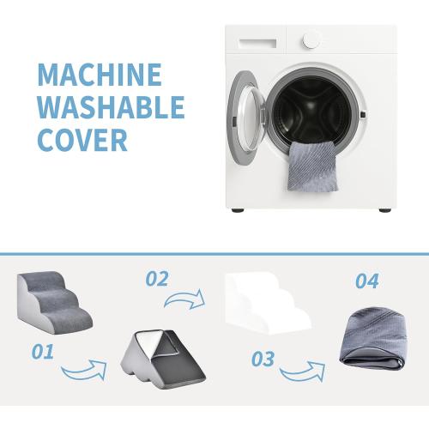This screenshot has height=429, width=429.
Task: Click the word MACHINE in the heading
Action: pyautogui.click(x=100, y=75)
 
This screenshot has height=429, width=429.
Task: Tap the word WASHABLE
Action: pyautogui.click(x=111, y=107)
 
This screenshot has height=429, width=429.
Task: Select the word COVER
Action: pyautogui.click(x=82, y=140)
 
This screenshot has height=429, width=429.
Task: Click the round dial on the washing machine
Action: pyautogui.click(x=311, y=40)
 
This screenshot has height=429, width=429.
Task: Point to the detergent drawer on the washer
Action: pyautogui.click(x=258, y=43)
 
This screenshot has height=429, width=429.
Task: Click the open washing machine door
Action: pyautogui.click(x=246, y=118)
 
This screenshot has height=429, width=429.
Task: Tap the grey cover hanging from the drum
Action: pyautogui.click(x=312, y=166)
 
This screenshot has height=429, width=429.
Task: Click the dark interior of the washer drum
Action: pyautogui.click(x=313, y=110)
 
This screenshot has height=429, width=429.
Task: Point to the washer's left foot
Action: pyautogui.click(x=238, y=210)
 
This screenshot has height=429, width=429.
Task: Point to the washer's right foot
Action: pyautogui.click(x=385, y=210)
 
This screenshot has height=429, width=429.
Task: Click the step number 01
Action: pyautogui.click(x=43, y=352)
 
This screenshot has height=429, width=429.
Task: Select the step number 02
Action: pyautogui.click(x=157, y=279)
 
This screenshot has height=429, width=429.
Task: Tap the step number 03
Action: pyautogui.click(x=263, y=359)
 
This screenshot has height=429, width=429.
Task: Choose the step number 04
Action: pyautogui.click(x=367, y=281)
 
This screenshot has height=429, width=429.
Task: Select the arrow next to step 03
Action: pyautogui.click(x=303, y=372)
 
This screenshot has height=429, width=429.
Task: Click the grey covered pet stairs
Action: pyautogui.click(x=54, y=302)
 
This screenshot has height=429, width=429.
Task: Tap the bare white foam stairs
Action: pyautogui.click(x=269, y=304)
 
